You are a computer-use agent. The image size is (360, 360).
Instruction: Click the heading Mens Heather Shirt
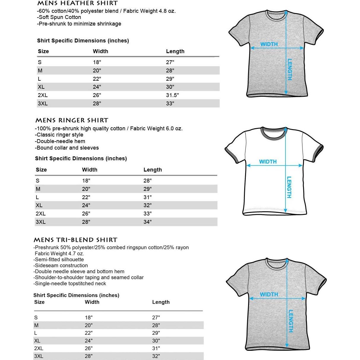click(77, 3)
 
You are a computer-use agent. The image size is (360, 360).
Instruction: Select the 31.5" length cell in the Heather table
click(172, 95)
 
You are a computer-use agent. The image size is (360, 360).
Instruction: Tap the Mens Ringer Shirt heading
click(72, 120)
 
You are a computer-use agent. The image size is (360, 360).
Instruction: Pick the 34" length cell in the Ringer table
click(148, 222)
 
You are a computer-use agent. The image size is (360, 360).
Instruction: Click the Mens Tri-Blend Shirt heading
click(75, 240)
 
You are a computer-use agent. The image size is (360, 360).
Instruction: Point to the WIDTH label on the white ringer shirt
click(268, 162)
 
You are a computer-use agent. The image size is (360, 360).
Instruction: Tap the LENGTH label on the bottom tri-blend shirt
click(291, 321)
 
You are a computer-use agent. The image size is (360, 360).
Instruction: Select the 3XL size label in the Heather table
click(42, 104)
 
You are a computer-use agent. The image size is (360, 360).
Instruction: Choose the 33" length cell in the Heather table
click(170, 104)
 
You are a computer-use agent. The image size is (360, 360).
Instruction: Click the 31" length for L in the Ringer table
click(148, 197)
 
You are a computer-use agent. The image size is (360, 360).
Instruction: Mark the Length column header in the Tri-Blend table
click(161, 302)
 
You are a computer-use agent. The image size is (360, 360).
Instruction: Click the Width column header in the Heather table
click(100, 51)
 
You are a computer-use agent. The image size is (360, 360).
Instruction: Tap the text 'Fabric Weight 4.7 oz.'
click(59, 253)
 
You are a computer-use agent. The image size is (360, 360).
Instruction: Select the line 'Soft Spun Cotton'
click(59, 17)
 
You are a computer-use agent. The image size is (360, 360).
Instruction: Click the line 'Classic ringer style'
click(59, 135)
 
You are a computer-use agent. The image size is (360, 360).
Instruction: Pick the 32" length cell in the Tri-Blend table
click(156, 356)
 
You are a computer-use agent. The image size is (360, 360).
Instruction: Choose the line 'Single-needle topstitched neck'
click(70, 283)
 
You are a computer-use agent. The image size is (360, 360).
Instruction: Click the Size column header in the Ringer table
click(41, 170)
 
